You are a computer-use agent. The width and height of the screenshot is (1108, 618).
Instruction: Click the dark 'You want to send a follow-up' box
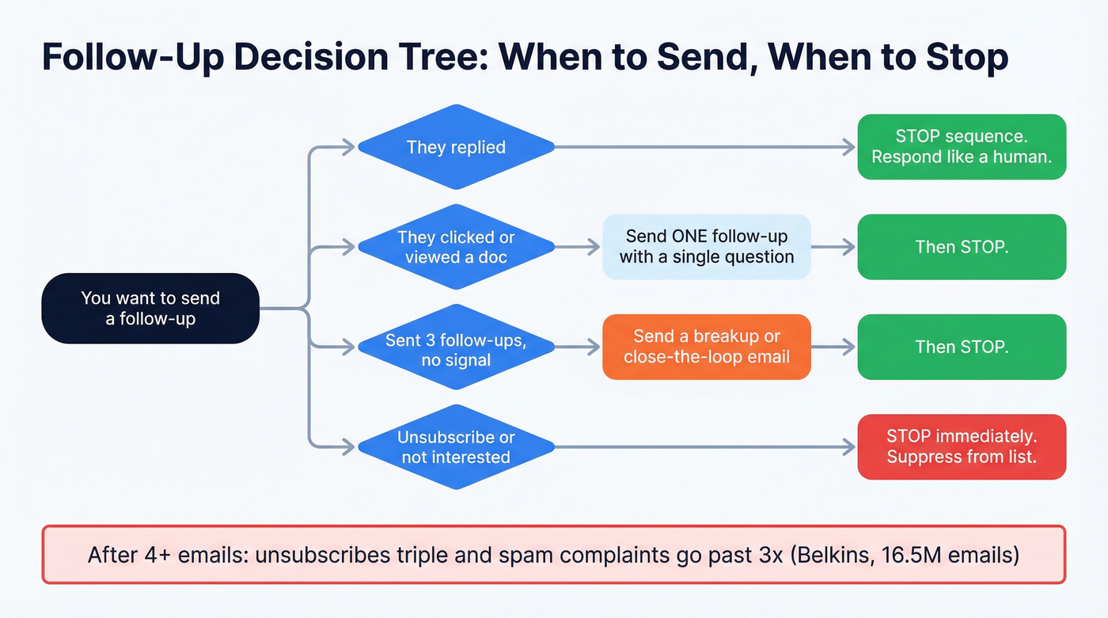click(x=150, y=309)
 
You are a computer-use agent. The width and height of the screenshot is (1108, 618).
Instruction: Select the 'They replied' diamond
click(x=456, y=147)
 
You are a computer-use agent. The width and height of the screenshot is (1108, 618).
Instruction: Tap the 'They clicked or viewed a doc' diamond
click(x=456, y=247)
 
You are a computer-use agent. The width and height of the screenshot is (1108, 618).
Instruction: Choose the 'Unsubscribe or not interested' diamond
click(x=456, y=447)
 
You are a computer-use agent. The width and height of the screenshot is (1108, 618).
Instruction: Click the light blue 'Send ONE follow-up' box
click(x=706, y=247)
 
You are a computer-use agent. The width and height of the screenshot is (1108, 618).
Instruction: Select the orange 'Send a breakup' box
click(x=706, y=347)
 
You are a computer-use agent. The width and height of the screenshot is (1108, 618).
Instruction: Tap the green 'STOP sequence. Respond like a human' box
click(x=962, y=147)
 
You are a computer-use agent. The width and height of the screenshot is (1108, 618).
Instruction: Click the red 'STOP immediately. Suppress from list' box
click(x=962, y=447)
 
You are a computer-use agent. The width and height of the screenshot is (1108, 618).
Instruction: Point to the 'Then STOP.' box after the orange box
click(x=962, y=347)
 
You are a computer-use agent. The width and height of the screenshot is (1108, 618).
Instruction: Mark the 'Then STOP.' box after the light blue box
click(x=962, y=247)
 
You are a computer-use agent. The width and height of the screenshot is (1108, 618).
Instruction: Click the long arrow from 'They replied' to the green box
click(x=704, y=147)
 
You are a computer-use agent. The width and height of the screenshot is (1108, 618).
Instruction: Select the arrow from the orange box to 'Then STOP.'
click(x=833, y=347)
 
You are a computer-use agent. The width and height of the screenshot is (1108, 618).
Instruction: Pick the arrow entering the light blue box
click(x=578, y=247)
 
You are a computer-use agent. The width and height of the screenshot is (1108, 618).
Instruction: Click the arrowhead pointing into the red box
click(x=850, y=447)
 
